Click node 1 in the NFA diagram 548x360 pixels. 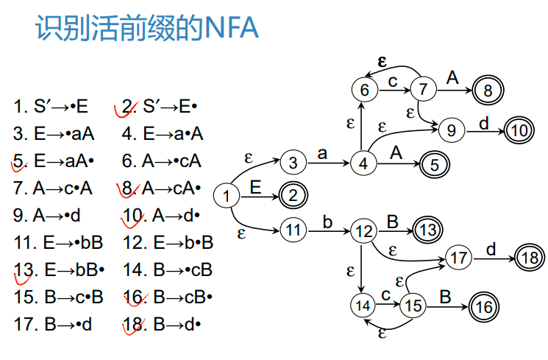point(227,197)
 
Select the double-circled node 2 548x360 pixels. point(292,196)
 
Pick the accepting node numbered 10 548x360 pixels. point(519,131)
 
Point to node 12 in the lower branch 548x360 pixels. point(363,230)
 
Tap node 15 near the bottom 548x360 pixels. point(414,304)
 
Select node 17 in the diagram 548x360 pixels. point(459,258)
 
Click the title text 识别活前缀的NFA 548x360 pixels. point(146,29)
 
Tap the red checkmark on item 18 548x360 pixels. point(132,325)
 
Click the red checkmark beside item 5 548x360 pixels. point(20,160)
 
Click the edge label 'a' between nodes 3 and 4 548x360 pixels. point(321,153)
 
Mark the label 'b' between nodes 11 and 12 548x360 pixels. point(327,222)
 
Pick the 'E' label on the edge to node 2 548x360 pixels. point(255,186)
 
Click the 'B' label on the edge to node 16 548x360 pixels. point(445,296)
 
